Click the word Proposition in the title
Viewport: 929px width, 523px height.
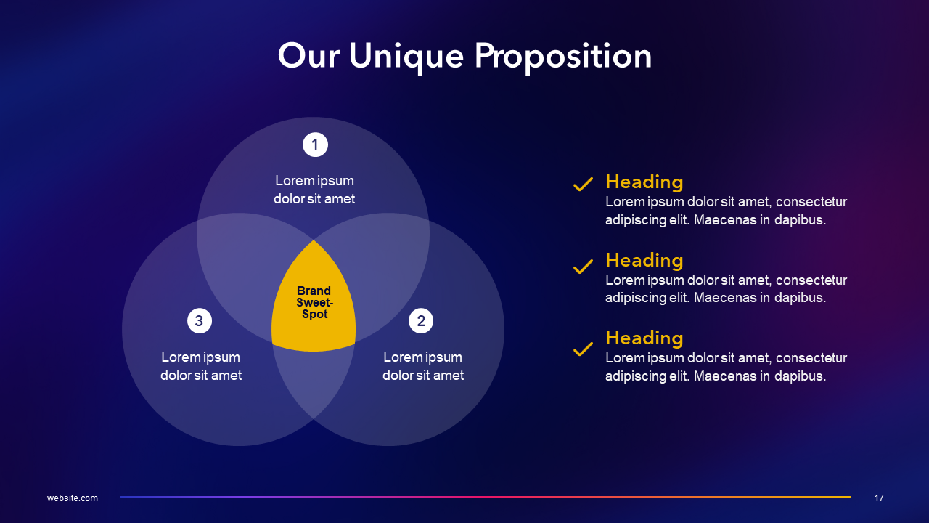click(563, 57)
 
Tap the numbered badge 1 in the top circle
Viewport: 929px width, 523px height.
click(315, 145)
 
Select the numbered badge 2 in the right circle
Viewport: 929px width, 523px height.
click(421, 320)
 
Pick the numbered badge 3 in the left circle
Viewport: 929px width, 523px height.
click(200, 320)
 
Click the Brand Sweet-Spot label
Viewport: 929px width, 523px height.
click(314, 303)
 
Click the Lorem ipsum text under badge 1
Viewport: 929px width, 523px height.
click(314, 190)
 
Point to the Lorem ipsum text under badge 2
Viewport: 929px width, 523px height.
click(423, 366)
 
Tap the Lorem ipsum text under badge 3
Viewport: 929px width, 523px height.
click(201, 366)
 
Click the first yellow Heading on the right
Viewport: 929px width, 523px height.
click(644, 182)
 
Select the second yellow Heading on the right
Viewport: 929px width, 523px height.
click(644, 260)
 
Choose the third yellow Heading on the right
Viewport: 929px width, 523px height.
click(644, 338)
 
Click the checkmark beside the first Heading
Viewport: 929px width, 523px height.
click(583, 185)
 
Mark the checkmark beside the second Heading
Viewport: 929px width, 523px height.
click(583, 267)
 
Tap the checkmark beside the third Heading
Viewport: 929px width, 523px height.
click(583, 349)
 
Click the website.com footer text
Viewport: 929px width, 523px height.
click(73, 498)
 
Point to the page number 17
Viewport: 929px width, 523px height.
click(879, 498)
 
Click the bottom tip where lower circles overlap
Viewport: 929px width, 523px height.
click(314, 418)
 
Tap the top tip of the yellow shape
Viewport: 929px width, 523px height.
click(314, 241)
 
